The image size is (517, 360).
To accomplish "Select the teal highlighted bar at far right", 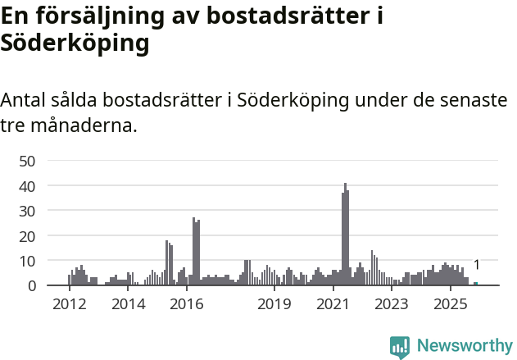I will [x=475, y=284].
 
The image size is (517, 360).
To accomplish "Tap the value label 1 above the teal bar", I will [x=476, y=265].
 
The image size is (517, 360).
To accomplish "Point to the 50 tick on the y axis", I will [x=27, y=161].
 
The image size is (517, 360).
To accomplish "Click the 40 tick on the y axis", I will [x=27, y=186].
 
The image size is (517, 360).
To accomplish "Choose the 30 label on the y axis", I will [x=27, y=211].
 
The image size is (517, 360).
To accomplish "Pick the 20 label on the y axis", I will [x=27, y=236].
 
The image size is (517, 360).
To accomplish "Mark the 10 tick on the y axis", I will [x=27, y=261].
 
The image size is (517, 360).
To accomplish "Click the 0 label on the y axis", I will [x=31, y=286].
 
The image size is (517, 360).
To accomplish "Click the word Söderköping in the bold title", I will [x=75, y=43].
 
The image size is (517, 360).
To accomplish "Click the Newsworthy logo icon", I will [x=400, y=347].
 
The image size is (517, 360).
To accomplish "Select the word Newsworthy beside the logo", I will [x=464, y=346].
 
